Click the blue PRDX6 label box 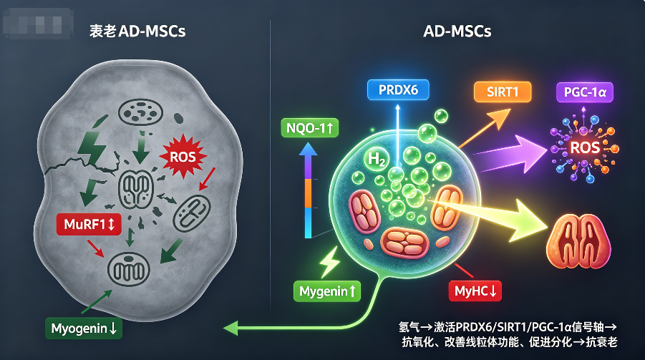point(398,90)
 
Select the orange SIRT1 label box point(503,92)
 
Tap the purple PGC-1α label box point(585,92)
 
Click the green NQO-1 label point(309,128)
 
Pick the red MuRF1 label point(89,224)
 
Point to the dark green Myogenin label point(84,329)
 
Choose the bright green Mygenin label point(327,291)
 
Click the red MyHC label point(475,291)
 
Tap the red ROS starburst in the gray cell point(183,157)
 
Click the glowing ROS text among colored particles point(585,147)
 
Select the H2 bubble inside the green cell point(376,159)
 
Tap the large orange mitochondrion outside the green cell point(578,240)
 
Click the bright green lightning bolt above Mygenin point(329,262)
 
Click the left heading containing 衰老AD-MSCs point(137,31)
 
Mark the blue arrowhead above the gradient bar point(308,149)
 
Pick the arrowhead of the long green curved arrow point(231,328)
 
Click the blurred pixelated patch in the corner point(38,24)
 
